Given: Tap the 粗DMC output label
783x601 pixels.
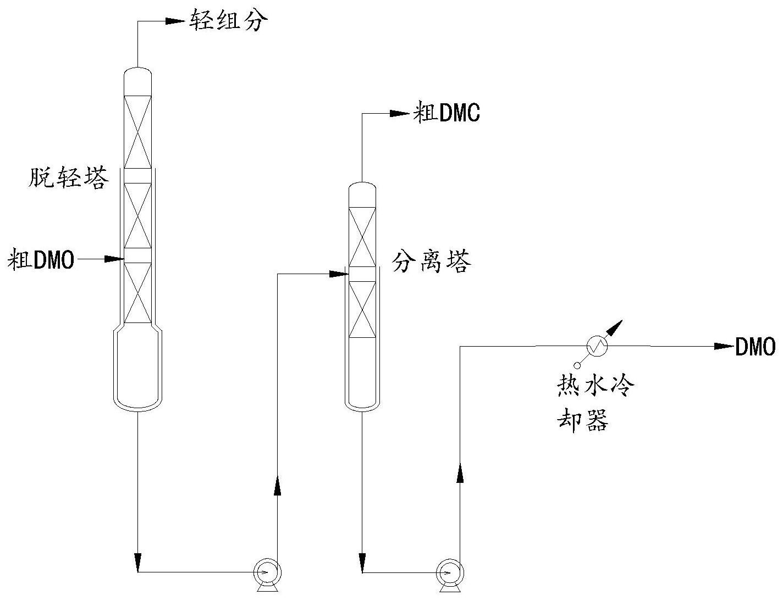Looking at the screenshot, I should click(446, 114).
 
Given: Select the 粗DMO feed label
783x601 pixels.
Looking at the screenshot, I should click(41, 259).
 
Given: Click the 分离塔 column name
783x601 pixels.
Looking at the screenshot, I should click(432, 262).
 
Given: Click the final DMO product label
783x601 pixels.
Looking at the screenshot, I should click(756, 347).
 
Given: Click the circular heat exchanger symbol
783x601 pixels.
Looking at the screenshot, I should click(597, 346).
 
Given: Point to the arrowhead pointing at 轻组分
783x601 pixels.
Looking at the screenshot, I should click(175, 21).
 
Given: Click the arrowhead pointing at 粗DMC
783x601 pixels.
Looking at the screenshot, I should click(400, 114).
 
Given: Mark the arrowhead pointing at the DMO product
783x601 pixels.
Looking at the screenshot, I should click(724, 346).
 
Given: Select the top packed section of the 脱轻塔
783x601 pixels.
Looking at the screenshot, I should click(137, 132).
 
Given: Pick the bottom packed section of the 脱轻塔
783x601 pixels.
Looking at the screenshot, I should click(137, 292).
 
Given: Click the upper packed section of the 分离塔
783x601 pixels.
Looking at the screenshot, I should click(362, 237).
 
